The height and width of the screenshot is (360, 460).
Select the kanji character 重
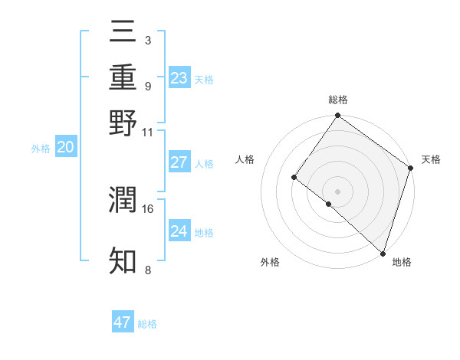pos(123,77)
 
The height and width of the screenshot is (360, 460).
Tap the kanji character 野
pos(123,123)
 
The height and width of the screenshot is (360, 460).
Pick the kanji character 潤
pos(123,201)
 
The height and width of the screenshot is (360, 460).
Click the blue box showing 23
pos(179,77)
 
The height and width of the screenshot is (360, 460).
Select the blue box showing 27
pos(179,162)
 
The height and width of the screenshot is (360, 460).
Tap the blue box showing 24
pos(179,231)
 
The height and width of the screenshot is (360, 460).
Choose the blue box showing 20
pos(66,148)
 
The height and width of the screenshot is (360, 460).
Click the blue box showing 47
pos(123,322)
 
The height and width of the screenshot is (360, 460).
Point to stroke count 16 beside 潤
pos(149,208)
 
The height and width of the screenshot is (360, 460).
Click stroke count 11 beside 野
pos(148,132)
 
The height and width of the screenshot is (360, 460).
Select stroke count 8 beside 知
pos(147,270)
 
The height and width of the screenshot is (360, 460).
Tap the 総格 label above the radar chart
pos(338,100)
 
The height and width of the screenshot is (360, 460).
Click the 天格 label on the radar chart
pos(431,159)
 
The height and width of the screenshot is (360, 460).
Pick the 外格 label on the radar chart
pos(270,262)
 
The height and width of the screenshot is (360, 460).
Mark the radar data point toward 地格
pos(383,253)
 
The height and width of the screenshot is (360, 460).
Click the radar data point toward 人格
pos(294,177)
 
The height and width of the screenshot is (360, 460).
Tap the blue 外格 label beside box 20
pos(41,149)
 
